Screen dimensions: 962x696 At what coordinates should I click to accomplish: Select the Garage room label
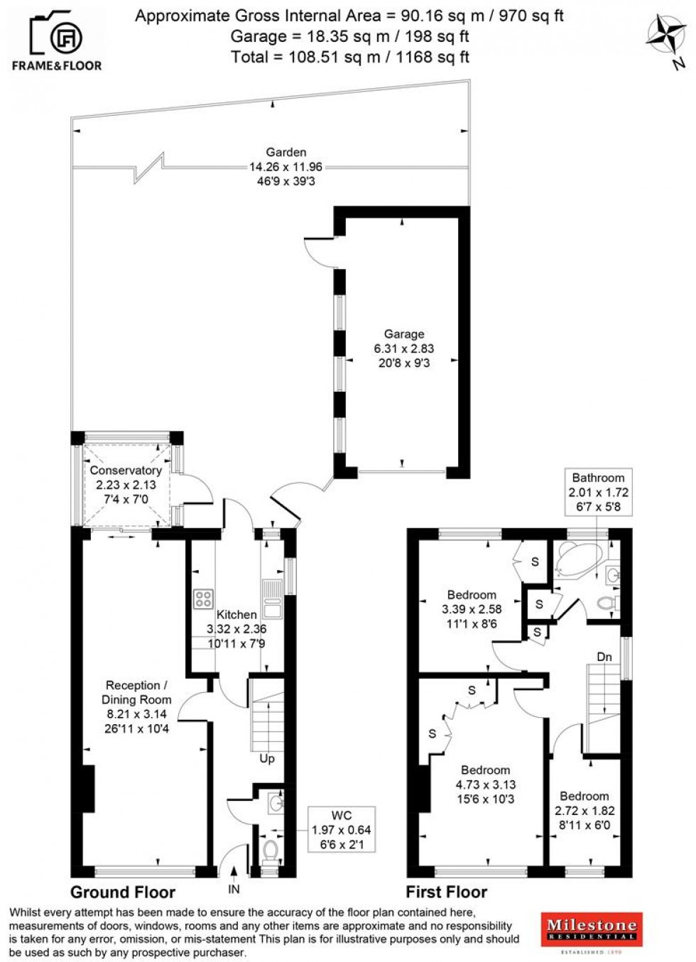tap(404, 334)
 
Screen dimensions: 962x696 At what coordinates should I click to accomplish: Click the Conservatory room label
tap(126, 470)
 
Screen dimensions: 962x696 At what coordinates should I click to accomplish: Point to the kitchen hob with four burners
tap(205, 599)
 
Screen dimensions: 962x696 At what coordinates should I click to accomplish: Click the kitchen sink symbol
tap(272, 598)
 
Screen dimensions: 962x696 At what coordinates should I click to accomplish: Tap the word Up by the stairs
tap(267, 758)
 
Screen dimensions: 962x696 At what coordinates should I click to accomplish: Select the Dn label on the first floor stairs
tap(604, 657)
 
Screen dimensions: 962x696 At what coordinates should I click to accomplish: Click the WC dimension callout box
tap(341, 829)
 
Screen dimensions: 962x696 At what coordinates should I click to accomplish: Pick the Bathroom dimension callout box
tap(598, 492)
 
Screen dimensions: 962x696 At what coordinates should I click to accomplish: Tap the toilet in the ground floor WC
tap(270, 849)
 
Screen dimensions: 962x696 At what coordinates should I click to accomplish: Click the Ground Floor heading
tap(123, 892)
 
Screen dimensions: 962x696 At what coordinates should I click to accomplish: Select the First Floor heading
tap(447, 892)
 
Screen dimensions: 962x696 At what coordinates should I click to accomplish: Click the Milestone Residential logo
tap(592, 930)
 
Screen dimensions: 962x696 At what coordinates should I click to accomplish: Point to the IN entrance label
tap(234, 889)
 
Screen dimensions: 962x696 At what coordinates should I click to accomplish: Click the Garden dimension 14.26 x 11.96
tap(286, 167)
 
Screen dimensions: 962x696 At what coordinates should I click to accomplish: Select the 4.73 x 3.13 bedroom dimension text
tap(486, 785)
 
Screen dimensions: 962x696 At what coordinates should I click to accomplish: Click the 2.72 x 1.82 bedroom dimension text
tap(584, 811)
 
